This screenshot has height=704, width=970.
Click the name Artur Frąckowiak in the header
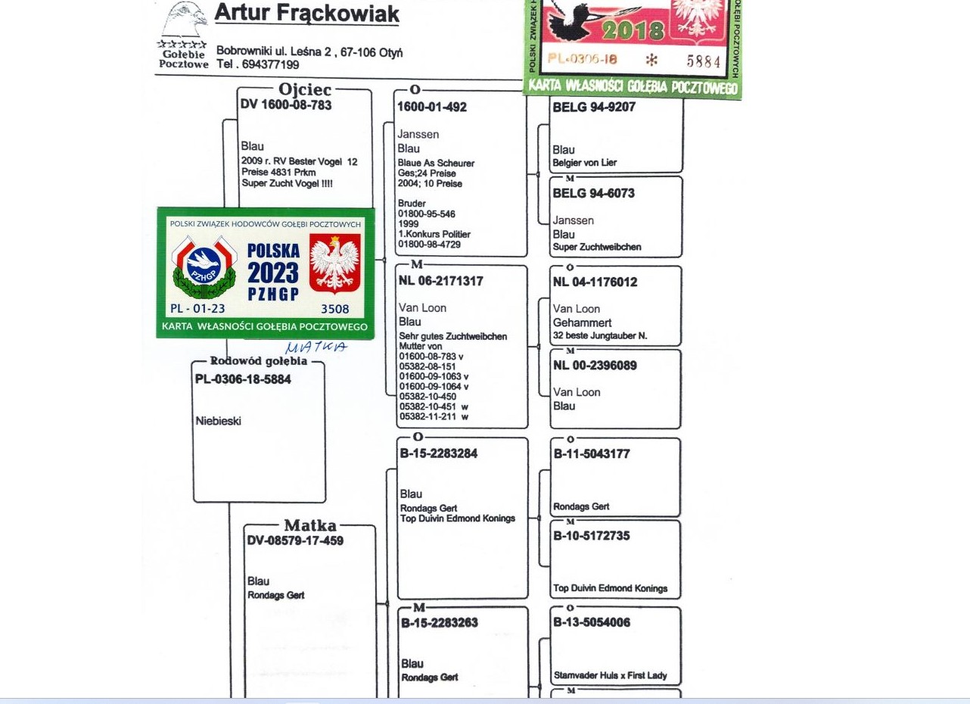pyautogui.click(x=306, y=14)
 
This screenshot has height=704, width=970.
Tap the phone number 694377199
pyautogui.click(x=270, y=64)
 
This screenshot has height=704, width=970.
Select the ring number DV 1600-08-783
pyautogui.click(x=286, y=105)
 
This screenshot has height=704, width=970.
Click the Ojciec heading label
pyautogui.click(x=305, y=89)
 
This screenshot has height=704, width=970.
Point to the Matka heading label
pyautogui.click(x=310, y=525)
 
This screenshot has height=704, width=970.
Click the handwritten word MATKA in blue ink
pyautogui.click(x=316, y=347)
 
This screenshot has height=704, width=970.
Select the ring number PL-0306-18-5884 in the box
pyautogui.click(x=243, y=379)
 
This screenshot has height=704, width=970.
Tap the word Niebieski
pyautogui.click(x=219, y=421)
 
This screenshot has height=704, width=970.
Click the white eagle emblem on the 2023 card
pyautogui.click(x=335, y=264)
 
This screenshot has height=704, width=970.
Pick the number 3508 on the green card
pyautogui.click(x=335, y=309)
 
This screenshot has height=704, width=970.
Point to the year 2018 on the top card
pyautogui.click(x=633, y=31)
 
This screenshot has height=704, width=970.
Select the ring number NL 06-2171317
pyautogui.click(x=440, y=282)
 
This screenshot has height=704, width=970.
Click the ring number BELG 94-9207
pyautogui.click(x=594, y=107)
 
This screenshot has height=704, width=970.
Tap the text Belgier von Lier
pyautogui.click(x=584, y=163)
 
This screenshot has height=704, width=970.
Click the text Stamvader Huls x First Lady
pyautogui.click(x=610, y=675)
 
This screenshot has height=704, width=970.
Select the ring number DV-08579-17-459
pyautogui.click(x=295, y=540)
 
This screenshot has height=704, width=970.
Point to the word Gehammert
pyautogui.click(x=583, y=322)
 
